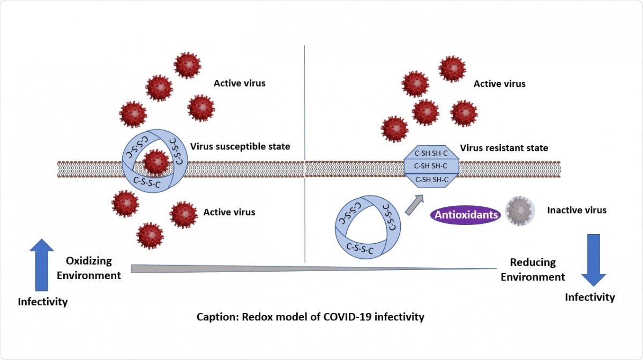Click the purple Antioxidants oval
point(465,215)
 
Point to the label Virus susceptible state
point(240,146)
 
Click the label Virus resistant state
point(504,148)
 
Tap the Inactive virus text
point(577,210)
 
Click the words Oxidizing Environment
point(89,268)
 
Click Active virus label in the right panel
point(499,84)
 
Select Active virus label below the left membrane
point(229,212)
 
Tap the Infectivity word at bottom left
point(43,302)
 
